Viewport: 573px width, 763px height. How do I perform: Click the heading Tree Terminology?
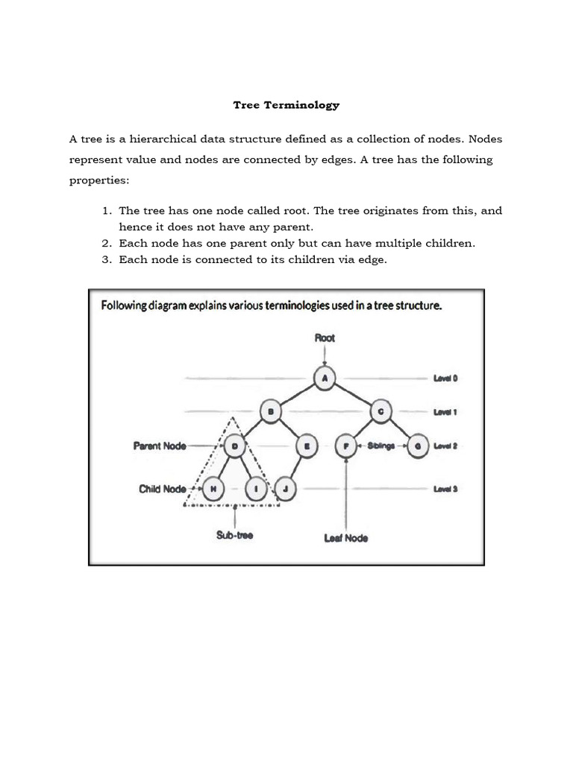tap(286, 105)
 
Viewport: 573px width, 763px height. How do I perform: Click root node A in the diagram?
tap(325, 379)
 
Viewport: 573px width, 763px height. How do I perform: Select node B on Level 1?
tap(271, 411)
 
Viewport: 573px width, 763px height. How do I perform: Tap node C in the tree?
tap(380, 411)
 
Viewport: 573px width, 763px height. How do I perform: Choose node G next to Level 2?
tap(417, 446)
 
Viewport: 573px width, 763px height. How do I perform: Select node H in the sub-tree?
tap(213, 488)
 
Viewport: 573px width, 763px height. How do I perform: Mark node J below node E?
tap(286, 488)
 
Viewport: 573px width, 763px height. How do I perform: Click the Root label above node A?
tap(325, 338)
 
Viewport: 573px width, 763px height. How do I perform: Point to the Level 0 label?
tap(445, 379)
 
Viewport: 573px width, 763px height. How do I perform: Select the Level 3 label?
tap(445, 489)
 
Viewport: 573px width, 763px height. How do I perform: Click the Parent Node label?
tap(159, 446)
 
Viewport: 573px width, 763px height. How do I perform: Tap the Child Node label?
tap(162, 489)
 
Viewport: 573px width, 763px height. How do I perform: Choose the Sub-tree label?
tap(235, 535)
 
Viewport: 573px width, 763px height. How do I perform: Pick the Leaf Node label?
tap(346, 537)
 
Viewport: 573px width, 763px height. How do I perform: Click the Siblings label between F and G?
tap(382, 446)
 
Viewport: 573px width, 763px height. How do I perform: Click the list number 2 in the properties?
tap(104, 243)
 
